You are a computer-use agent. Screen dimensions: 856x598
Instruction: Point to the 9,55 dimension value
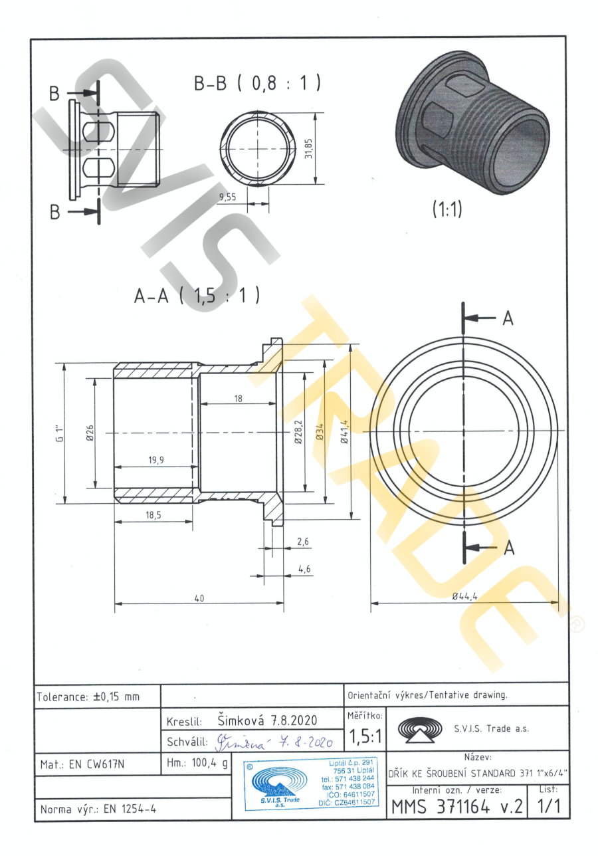pos(228,197)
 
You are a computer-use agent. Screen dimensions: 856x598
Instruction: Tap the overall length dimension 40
pos(199,598)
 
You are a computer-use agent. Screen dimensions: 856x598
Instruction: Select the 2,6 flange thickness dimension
pos(303,542)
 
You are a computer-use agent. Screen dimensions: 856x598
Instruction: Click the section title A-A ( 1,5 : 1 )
pos(196,296)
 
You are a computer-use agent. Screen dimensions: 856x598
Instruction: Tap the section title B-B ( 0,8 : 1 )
pos(257,83)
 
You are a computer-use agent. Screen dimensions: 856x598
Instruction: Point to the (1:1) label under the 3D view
pos(447,209)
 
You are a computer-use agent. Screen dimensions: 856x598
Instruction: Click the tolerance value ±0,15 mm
pos(116,696)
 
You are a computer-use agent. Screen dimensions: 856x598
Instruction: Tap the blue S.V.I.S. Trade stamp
pos(306,782)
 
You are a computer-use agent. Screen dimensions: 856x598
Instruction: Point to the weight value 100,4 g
pos(209,764)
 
